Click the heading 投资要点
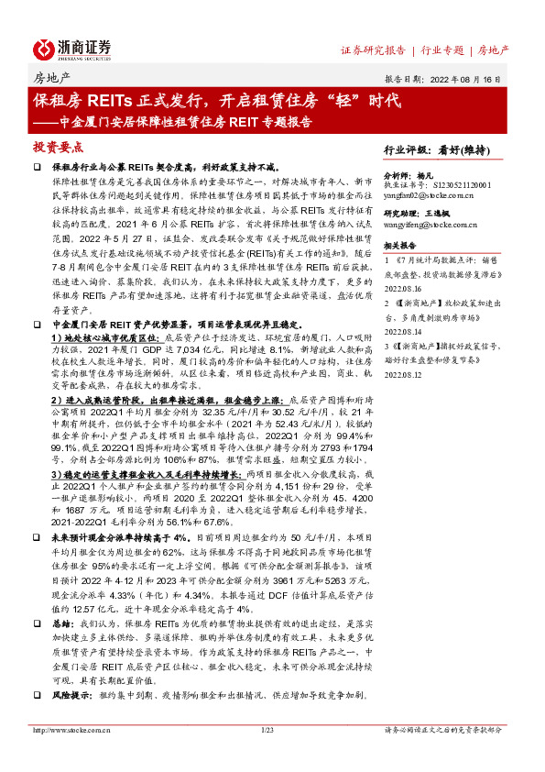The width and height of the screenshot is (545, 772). pos(59,147)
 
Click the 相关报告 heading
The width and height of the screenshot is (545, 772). pos(400,272)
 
